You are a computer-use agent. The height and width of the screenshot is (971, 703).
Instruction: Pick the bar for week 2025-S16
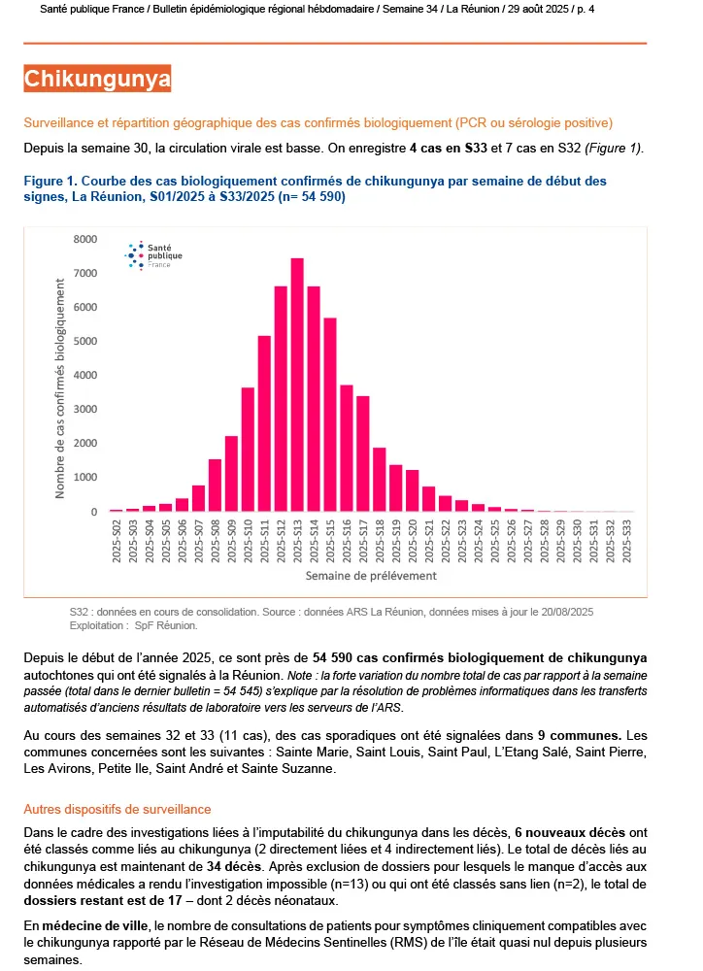[x=347, y=448]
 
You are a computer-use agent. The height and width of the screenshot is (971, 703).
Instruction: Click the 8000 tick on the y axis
[x=85, y=239]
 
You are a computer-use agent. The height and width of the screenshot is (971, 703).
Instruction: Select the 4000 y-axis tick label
[x=85, y=375]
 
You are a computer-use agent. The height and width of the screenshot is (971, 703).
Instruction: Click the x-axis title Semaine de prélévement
[x=370, y=575]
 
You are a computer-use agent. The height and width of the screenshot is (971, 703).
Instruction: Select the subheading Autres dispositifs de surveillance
[x=117, y=809]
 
